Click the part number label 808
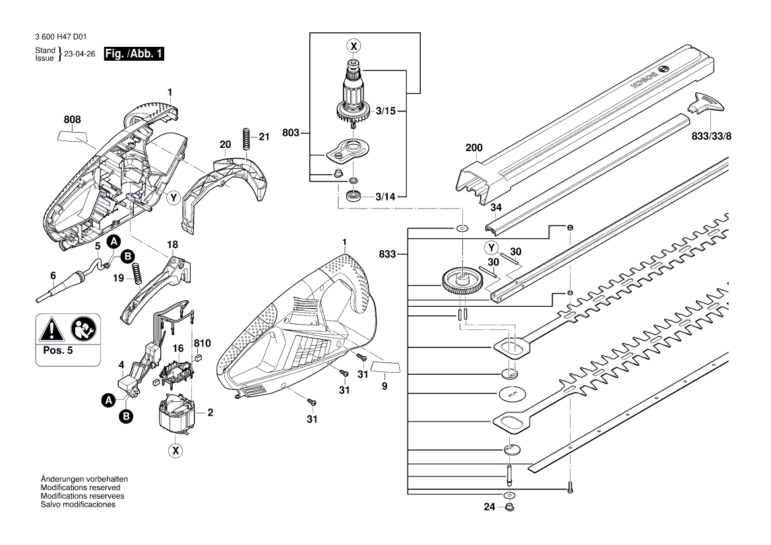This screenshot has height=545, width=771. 73,119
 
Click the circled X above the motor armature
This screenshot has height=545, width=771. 354,46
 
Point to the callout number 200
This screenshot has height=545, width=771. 474,148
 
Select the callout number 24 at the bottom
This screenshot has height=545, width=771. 489,507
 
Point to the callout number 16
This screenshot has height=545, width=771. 178,348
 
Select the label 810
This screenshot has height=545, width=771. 202,344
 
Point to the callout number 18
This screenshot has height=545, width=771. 173,245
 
